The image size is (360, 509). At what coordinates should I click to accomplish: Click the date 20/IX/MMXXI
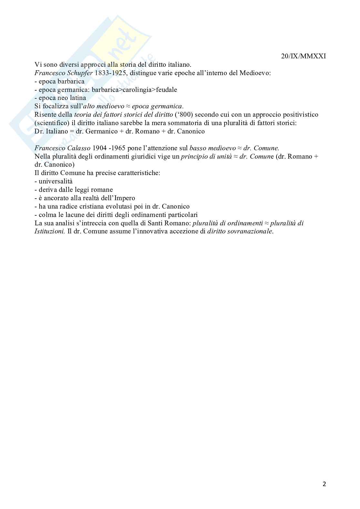point(303,56)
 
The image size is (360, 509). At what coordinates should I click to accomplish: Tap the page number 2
point(324,484)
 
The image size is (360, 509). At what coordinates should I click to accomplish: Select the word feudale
point(166,90)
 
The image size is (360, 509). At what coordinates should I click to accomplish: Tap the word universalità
point(55,181)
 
